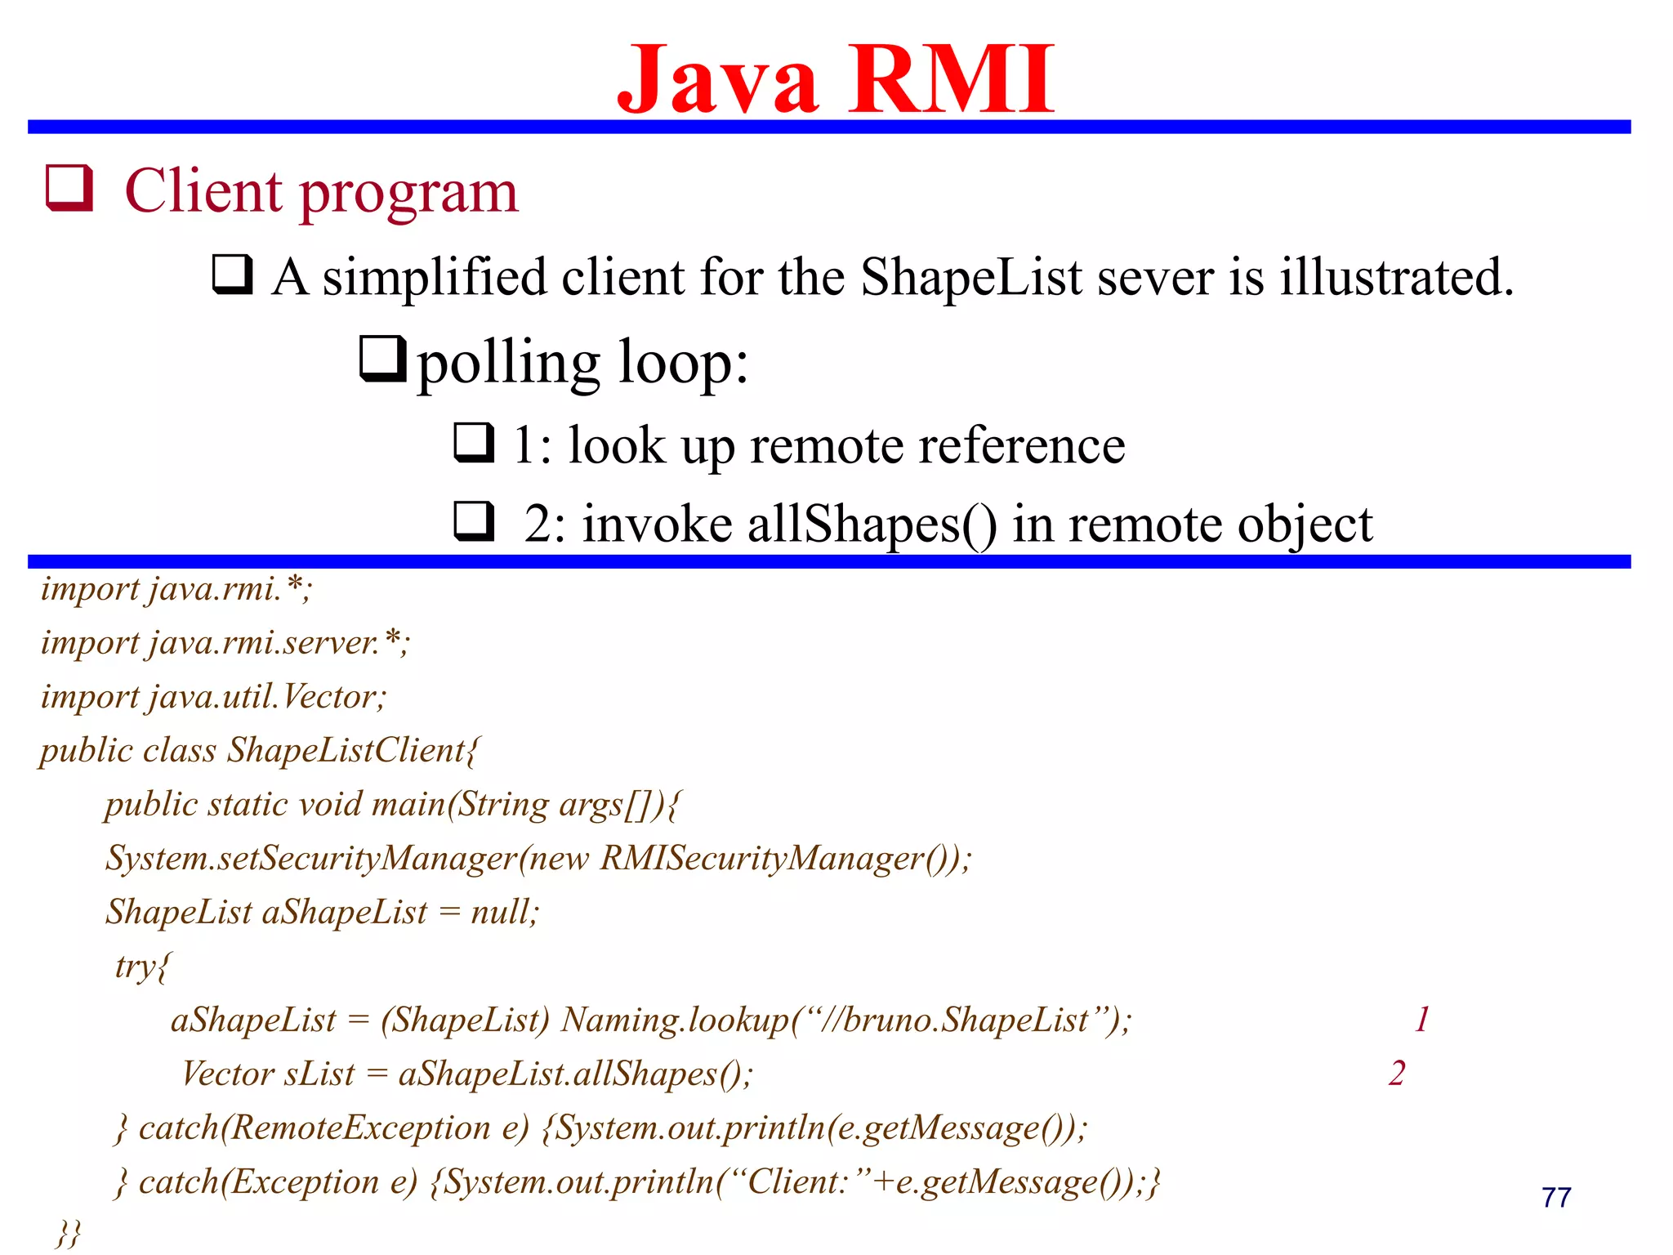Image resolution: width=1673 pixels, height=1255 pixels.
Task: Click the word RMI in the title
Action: click(952, 80)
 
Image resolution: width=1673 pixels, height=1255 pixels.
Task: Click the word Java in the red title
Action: click(718, 80)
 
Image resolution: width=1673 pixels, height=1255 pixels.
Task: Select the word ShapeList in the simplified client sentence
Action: click(971, 277)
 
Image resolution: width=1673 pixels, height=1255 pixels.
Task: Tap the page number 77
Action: click(1556, 1197)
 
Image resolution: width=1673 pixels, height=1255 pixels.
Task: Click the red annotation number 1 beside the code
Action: click(1422, 1019)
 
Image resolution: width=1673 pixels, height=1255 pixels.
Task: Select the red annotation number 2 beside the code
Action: click(1397, 1073)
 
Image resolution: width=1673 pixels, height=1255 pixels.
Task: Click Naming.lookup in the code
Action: click(675, 1020)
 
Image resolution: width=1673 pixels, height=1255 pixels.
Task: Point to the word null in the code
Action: click(500, 912)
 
